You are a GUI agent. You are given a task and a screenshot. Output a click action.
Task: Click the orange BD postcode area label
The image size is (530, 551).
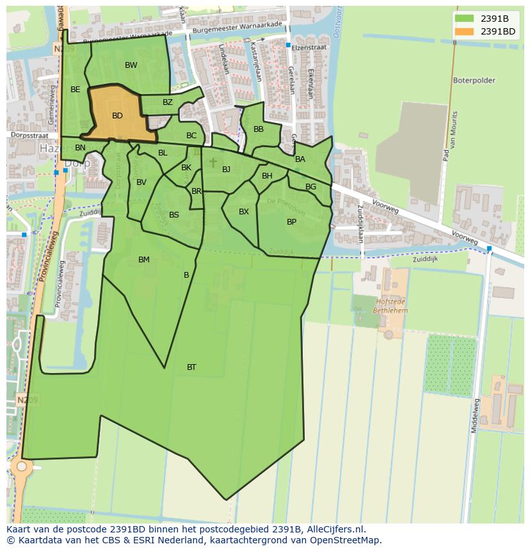tap(117, 116)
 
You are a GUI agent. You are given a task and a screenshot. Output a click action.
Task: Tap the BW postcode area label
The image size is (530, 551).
tap(131, 65)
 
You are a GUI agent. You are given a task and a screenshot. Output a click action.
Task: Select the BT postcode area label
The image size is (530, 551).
tap(191, 367)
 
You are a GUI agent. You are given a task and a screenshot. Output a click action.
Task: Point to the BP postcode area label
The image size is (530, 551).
tap(291, 222)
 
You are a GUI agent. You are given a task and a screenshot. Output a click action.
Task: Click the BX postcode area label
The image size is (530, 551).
tap(244, 212)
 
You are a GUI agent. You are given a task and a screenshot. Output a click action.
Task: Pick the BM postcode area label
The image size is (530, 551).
tap(144, 260)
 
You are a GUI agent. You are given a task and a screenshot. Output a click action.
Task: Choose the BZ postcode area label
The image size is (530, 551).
tap(168, 102)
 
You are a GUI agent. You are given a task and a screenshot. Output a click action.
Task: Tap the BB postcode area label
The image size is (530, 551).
tap(259, 129)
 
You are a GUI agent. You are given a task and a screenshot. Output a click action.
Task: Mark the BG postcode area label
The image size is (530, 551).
tap(310, 187)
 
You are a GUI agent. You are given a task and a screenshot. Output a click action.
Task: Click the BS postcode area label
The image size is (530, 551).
tap(174, 215)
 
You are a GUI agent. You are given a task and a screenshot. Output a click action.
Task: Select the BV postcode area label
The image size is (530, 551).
tap(141, 182)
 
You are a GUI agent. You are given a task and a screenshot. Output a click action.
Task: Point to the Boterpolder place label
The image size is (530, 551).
tap(474, 81)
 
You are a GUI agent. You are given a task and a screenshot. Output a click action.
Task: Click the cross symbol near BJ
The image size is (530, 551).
tap(213, 163)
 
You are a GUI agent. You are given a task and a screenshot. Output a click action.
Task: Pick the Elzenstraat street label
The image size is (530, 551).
tap(309, 47)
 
